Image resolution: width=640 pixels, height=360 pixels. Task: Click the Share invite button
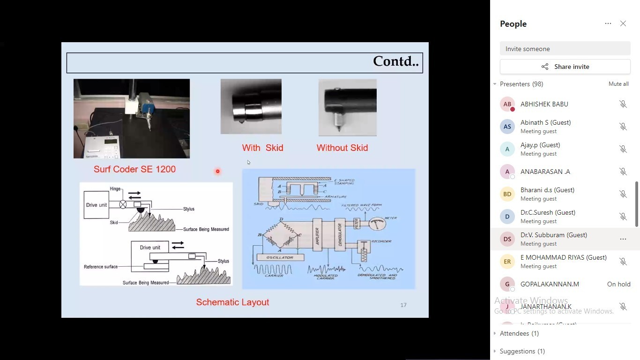coord(565,67)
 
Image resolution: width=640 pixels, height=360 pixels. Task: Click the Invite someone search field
coord(565,49)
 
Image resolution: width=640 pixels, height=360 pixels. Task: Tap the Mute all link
coord(618,84)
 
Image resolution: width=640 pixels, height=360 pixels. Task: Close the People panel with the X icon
coord(623,23)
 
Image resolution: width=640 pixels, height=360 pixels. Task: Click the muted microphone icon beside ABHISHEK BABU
coord(623,104)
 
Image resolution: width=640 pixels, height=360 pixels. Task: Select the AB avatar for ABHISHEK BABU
coord(507,104)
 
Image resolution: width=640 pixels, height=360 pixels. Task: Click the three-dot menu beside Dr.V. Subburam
coord(623,239)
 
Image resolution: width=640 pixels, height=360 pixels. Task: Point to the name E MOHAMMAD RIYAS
coord(563,257)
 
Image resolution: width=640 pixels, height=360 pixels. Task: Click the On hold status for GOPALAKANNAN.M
coord(618,284)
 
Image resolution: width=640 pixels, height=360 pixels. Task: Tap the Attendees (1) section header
coord(519,333)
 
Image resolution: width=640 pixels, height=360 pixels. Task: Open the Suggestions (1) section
coord(522,351)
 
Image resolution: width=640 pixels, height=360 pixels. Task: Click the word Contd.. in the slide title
coord(395,61)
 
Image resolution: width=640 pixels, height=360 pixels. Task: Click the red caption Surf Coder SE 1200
coord(134,169)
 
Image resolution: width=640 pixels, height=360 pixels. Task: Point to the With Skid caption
coord(262,148)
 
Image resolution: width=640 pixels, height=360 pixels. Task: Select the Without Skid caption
coord(342,148)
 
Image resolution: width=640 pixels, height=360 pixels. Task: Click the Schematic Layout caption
coord(232,302)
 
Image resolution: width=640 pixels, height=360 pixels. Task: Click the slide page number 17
coord(403,305)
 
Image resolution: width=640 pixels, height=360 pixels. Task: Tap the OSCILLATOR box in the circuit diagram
coord(280,257)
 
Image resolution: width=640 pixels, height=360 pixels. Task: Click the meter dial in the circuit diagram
coord(377,224)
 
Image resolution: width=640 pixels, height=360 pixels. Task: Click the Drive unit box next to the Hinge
coord(97,205)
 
